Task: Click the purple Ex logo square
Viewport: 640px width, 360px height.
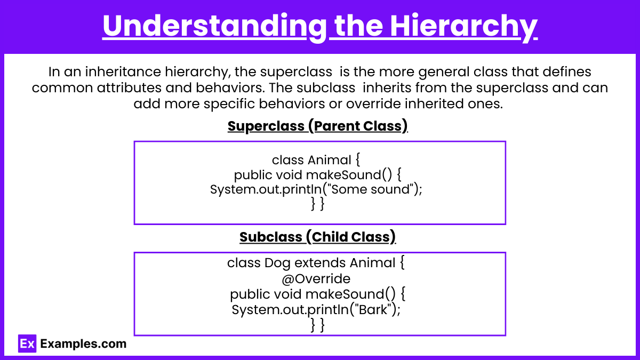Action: click(27, 343)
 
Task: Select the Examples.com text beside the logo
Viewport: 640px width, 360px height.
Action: click(83, 343)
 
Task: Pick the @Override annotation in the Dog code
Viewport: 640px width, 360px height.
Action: click(316, 279)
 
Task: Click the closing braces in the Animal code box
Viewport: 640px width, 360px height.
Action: click(318, 204)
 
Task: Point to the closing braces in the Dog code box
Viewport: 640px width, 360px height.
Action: click(318, 325)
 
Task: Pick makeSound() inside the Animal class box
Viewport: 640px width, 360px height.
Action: click(349, 175)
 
